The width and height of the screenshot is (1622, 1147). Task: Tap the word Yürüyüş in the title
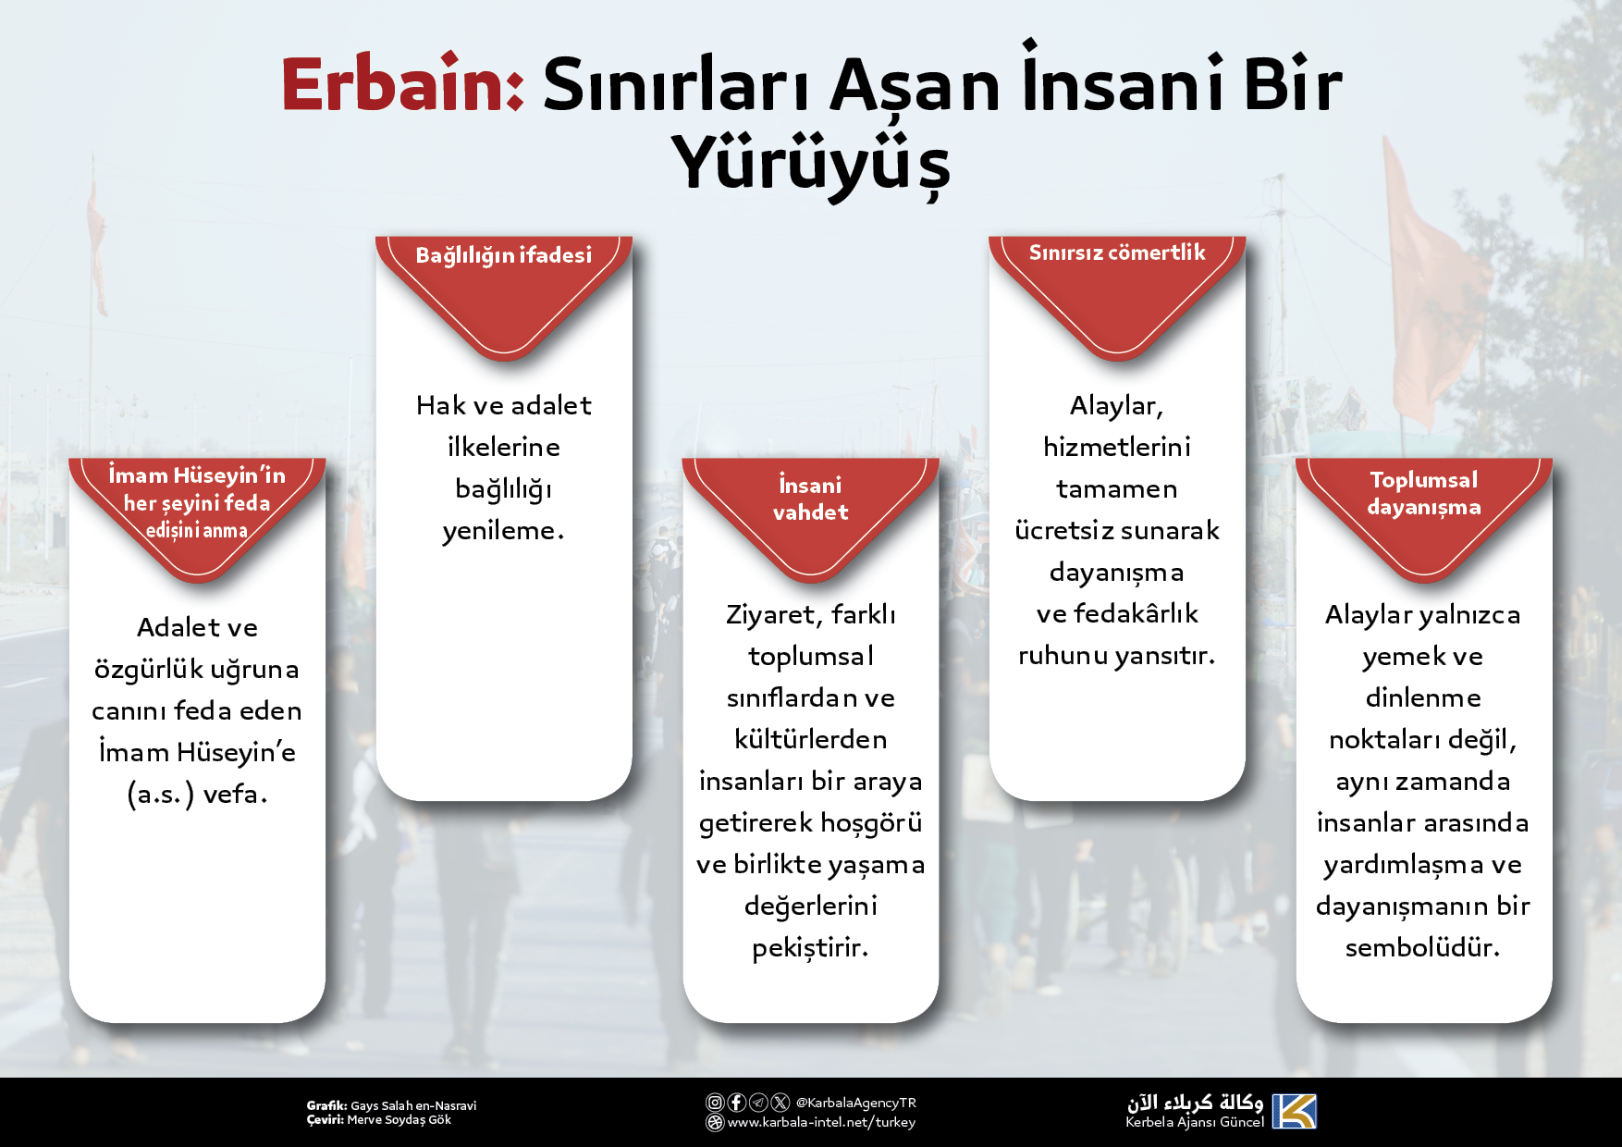pos(811,163)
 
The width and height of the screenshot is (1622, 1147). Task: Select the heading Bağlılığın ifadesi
pos(504,255)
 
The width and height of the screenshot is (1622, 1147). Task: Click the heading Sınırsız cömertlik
pos(1117,253)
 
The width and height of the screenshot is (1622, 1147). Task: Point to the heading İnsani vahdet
pos(810,498)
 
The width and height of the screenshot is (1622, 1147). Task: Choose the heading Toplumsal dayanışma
pos(1424,493)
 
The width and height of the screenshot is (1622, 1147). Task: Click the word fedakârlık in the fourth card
pos(1136,613)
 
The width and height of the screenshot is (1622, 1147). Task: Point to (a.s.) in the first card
pos(161,795)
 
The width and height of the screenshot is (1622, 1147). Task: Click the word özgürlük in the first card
pos(148,670)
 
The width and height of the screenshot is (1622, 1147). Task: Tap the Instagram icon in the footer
pos(715,1102)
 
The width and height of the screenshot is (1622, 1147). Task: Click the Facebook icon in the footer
pos(737,1102)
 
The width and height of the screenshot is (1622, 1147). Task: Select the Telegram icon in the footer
pos(759,1102)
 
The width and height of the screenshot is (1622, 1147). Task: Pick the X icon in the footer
pos(780,1102)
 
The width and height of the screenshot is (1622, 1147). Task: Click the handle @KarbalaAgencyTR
pos(856,1103)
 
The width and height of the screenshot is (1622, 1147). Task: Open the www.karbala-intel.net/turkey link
pos(821,1122)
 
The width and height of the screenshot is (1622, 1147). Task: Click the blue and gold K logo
pos(1294,1111)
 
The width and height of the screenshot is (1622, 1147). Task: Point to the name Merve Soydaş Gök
pos(399,1120)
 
